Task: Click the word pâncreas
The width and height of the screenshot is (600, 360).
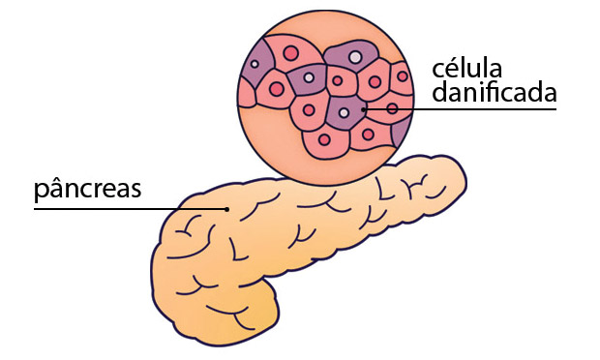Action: click(87, 189)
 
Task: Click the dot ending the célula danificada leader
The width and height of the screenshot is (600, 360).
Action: click(364, 109)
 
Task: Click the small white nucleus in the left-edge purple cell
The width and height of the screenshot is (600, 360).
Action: click(255, 65)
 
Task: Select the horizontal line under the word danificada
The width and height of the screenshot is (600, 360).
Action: click(484, 109)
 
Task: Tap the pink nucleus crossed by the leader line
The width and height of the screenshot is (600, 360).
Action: click(392, 109)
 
